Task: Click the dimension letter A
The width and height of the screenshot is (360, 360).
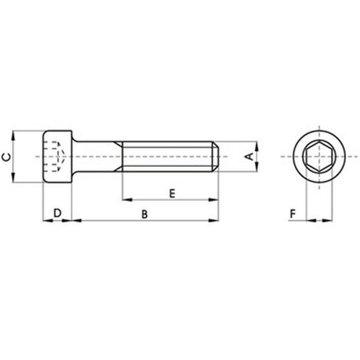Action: (247, 157)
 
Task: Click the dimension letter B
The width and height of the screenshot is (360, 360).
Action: (144, 215)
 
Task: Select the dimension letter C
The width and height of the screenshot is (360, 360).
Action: (6, 157)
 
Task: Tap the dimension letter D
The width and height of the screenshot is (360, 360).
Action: (58, 213)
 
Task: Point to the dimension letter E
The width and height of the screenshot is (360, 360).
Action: (171, 193)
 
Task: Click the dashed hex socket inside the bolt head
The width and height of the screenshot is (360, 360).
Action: (53, 157)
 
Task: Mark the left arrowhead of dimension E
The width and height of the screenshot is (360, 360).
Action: (126, 200)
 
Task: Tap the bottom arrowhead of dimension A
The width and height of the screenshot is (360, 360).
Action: (255, 168)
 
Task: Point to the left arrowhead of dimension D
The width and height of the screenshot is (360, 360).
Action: (46, 222)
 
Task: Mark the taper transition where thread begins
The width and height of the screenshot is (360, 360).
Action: (120, 157)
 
